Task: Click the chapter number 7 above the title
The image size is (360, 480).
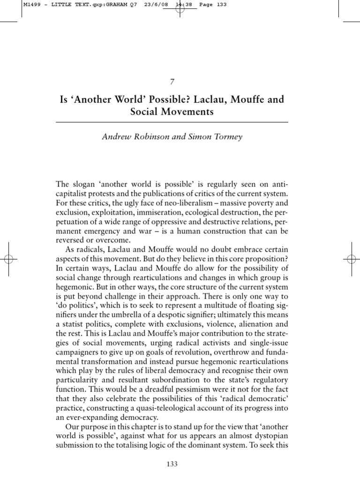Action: [x=172, y=82]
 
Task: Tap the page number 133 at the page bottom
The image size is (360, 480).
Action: [x=172, y=464]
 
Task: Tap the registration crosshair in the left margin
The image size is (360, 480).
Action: [x=10, y=258]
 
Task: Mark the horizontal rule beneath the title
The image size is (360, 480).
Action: [x=172, y=122]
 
